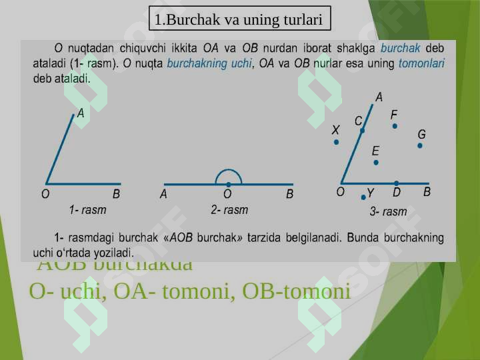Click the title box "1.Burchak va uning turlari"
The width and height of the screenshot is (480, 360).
click(x=239, y=20)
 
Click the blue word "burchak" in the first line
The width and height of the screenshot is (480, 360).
click(x=399, y=48)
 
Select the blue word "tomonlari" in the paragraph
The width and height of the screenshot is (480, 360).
click(x=421, y=65)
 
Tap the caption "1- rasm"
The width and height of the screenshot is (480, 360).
click(x=87, y=209)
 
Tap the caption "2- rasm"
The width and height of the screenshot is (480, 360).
click(x=229, y=209)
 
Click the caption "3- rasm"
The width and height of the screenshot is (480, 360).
click(x=388, y=211)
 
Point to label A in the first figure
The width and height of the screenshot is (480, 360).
click(x=81, y=114)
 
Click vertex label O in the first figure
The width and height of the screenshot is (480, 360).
click(x=45, y=195)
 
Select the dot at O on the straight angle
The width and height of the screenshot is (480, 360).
click(x=228, y=184)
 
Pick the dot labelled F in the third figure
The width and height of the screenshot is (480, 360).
click(x=395, y=126)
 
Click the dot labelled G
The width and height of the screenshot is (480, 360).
click(x=420, y=145)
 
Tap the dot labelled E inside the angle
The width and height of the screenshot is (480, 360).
click(x=376, y=162)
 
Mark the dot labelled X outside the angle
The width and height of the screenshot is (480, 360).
click(x=336, y=142)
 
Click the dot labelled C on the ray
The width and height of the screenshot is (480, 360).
click(x=362, y=131)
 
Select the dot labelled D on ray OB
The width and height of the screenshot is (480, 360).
click(x=396, y=183)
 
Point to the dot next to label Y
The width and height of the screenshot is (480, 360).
click(x=362, y=197)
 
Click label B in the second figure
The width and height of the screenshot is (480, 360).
click(x=289, y=195)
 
